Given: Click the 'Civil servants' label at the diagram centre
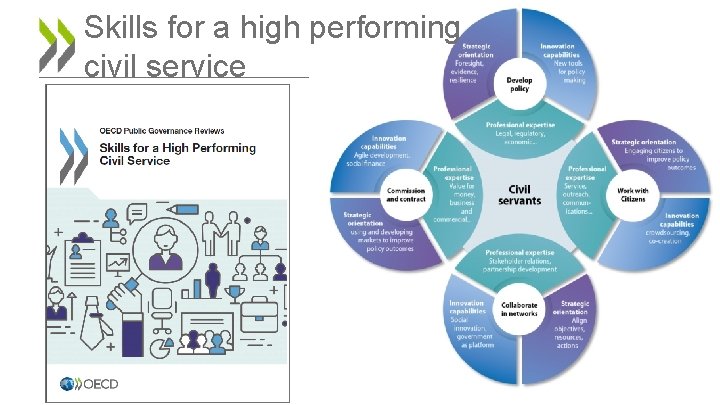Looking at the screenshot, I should (519, 194).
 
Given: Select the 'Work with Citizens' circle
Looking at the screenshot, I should (632, 194).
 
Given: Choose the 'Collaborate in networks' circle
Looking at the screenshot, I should (519, 309).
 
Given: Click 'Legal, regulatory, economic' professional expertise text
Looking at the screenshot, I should (520, 132).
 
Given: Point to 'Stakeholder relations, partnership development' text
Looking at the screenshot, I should (520, 263).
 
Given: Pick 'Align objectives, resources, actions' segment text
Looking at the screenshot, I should (569, 324).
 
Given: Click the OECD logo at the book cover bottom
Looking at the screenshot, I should (90, 383).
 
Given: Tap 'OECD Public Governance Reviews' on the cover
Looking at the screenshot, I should (162, 130).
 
